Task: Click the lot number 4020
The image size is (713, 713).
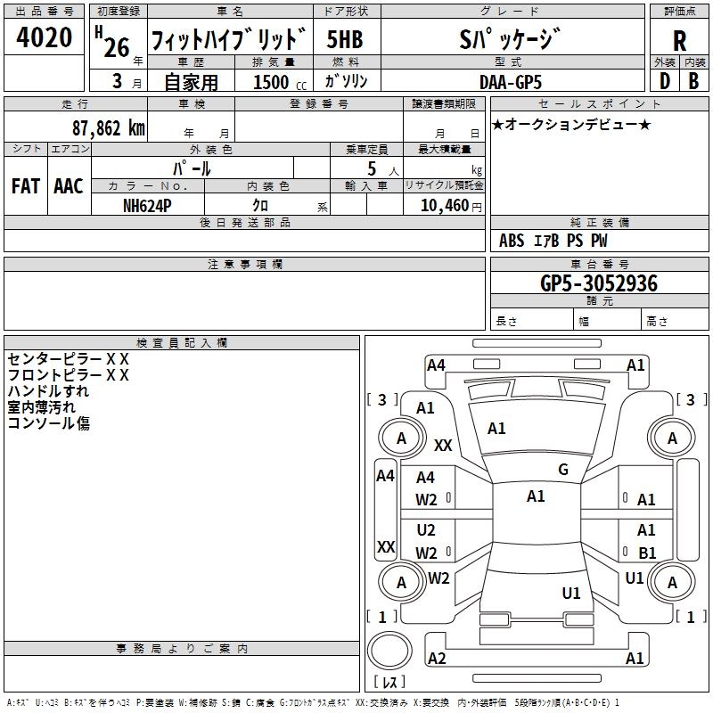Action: click(x=45, y=38)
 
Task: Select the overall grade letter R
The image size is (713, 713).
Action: click(x=679, y=41)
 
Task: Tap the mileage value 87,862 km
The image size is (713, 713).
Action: click(x=108, y=127)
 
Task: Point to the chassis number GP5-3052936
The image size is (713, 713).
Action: click(x=599, y=283)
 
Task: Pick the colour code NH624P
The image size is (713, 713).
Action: click(x=148, y=205)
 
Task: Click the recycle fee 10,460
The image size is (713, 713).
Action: click(x=443, y=206)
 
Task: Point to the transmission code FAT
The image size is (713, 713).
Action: click(x=26, y=186)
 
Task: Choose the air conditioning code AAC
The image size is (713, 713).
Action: click(x=69, y=186)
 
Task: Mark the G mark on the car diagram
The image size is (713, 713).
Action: click(x=563, y=469)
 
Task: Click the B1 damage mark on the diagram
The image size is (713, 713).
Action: click(x=646, y=553)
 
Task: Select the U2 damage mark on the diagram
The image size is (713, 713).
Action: click(x=426, y=530)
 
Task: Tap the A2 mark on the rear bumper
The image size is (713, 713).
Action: click(x=437, y=658)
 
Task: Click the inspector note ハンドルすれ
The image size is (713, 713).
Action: click(x=48, y=391)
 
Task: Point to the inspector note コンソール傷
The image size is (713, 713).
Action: click(x=48, y=423)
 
